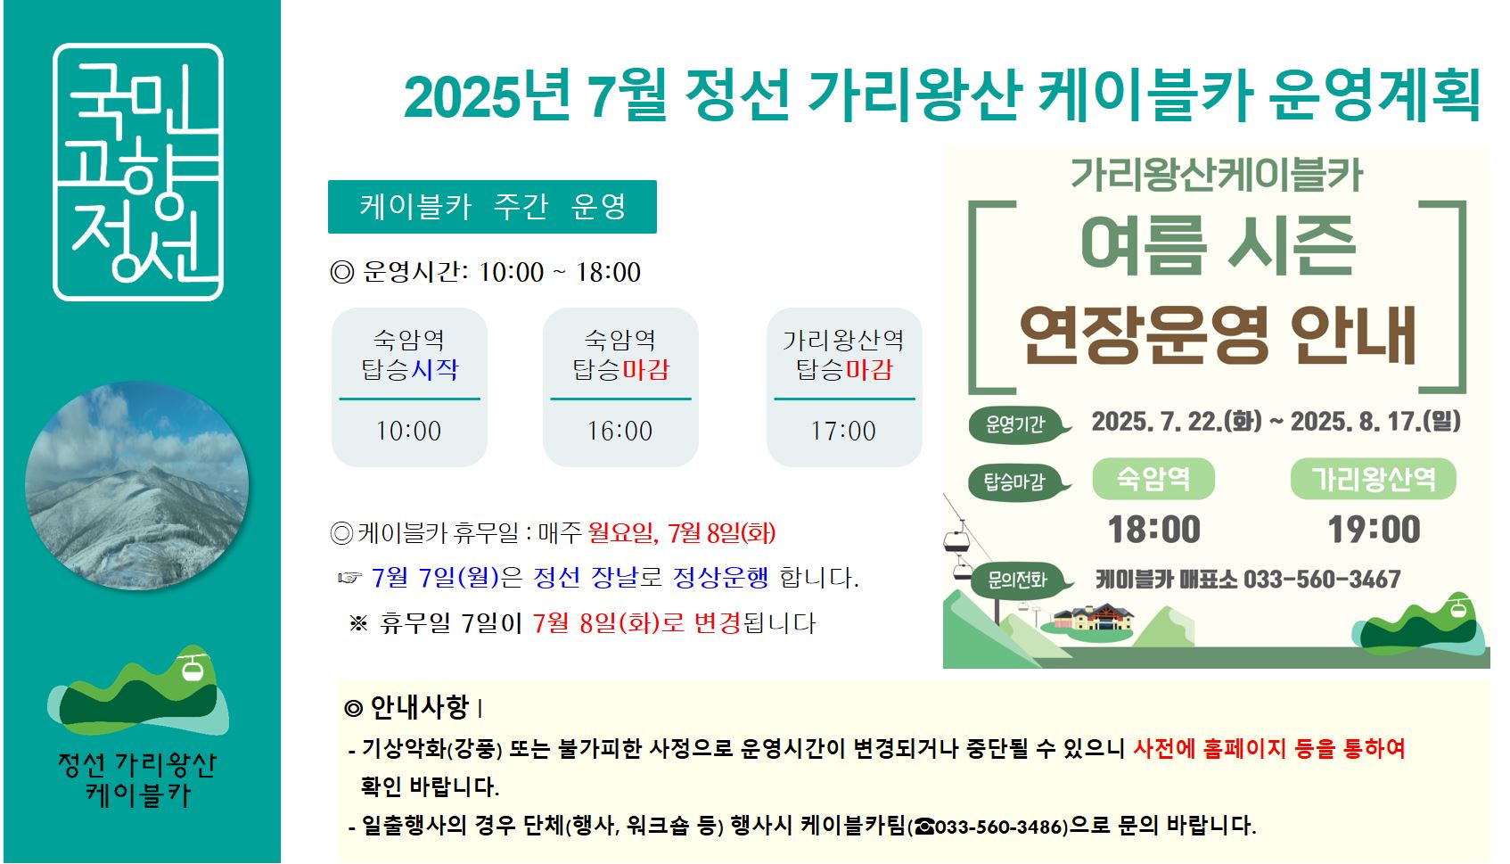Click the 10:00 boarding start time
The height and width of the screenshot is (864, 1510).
408,431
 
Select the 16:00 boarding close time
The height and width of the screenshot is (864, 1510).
620,431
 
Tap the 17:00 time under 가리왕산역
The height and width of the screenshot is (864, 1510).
843,431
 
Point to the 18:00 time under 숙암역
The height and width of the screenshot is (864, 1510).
1154,530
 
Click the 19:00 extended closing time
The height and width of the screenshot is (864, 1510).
1374,530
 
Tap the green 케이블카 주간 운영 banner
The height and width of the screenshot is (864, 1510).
492,206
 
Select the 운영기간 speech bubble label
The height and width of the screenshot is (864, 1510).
1019,425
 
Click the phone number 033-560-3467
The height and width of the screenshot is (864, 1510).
1322,580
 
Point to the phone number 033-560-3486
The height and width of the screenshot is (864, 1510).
1001,827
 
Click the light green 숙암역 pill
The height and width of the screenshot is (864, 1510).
1153,479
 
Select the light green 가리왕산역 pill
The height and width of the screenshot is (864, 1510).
1373,479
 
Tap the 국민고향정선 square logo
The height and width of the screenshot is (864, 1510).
138,172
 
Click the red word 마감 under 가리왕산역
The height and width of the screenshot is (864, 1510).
869,370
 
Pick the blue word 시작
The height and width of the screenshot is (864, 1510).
434,370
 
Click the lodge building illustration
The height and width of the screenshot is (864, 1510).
1094,617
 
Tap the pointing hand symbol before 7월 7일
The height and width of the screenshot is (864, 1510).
349,578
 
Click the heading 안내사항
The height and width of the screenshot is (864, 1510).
419,707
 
